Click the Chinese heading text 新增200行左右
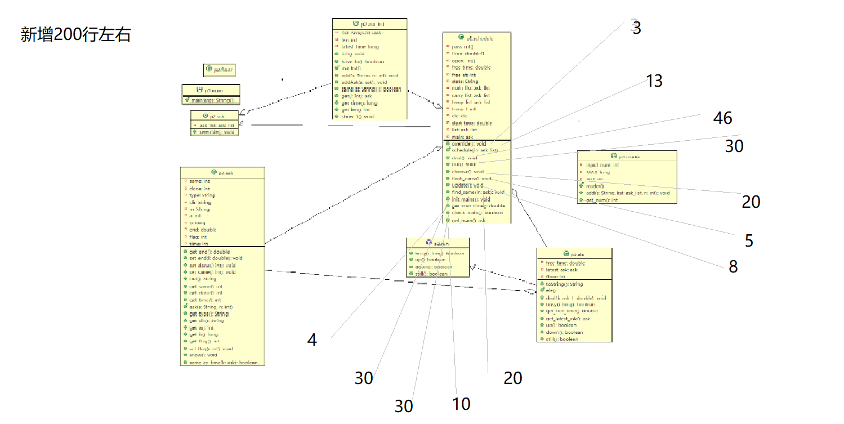pos(76,35)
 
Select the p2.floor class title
pos(220,70)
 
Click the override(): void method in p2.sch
pos(217,132)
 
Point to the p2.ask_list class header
pos(369,24)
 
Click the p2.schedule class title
pos(477,38)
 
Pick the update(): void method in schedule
pos(467,185)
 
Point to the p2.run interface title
pos(437,242)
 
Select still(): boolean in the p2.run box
pos(431,274)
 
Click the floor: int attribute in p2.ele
pos(559,276)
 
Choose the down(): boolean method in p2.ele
pos(564,332)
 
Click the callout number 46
pos(722,118)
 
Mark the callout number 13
pos(654,81)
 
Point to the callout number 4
pos(312,340)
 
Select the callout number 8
pos(733,266)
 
